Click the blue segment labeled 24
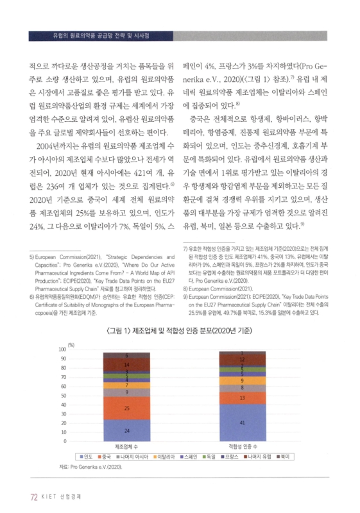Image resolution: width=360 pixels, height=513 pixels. pyautogui.click(x=127, y=430)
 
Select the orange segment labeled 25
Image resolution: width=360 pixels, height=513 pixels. pyautogui.click(x=127, y=408)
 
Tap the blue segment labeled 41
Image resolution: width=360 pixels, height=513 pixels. pyautogui.click(x=242, y=423)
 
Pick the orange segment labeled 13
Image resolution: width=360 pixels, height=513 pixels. pyautogui.click(x=242, y=398)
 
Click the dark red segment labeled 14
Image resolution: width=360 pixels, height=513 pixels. pyautogui.click(x=127, y=364)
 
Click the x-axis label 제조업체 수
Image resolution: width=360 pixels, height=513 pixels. pyautogui.click(x=127, y=447)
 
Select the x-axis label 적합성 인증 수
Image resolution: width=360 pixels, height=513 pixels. pyautogui.click(x=241, y=447)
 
